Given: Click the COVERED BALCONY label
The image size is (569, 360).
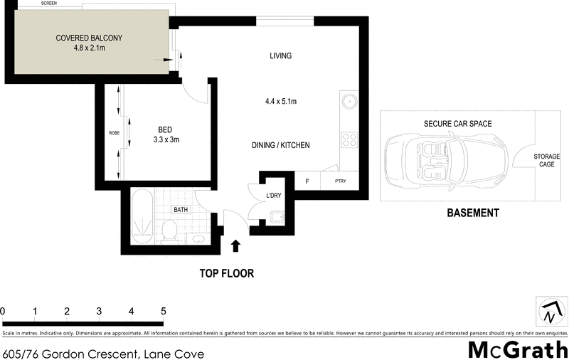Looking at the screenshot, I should pos(89,38).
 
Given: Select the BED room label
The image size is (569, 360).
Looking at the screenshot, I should pos(165,129).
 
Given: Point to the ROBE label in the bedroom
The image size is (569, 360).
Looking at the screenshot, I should pos(113,133).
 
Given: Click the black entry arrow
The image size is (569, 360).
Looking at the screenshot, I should pos(236,246).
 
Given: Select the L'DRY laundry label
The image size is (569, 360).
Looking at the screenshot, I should pos(274,195).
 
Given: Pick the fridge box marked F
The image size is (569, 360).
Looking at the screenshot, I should pos(307,181).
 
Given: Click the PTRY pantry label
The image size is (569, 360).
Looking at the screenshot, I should pos(341,181).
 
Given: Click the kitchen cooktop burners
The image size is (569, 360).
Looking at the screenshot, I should pos(349,138).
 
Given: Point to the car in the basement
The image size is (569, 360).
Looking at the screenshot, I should pos(445,157).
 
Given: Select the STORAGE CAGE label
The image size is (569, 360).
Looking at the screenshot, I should pos(546,159).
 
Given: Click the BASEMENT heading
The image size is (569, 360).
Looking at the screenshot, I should pos(472,213).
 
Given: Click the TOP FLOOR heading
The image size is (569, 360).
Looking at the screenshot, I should pos(226,273).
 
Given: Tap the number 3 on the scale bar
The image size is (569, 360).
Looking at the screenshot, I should pos(99,311).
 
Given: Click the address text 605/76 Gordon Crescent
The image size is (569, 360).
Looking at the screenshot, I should pos(104,353).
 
